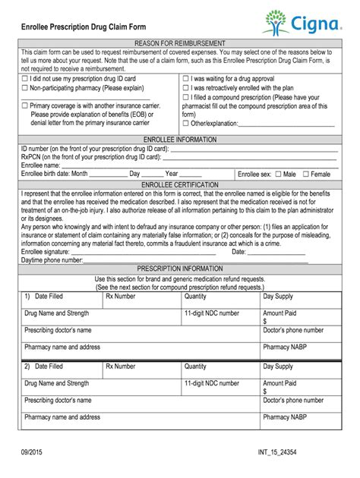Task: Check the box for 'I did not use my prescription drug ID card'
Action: [25, 78]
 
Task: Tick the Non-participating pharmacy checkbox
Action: [25, 88]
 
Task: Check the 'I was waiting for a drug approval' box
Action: [186, 78]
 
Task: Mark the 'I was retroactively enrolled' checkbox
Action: [186, 88]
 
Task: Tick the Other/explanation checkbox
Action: [186, 123]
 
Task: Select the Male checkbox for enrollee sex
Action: [278, 175]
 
